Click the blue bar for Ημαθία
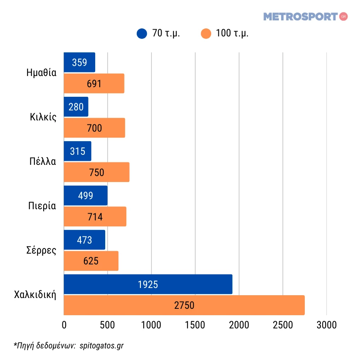(79, 62)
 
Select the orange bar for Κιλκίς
(94, 128)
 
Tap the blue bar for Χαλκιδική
(148, 284)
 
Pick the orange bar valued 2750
(184, 305)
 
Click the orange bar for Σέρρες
(91, 261)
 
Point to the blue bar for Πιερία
(86, 196)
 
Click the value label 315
(78, 151)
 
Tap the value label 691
(94, 84)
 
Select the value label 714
(95, 217)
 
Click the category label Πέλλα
(42, 162)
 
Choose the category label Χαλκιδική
(35, 295)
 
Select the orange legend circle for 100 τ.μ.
(206, 34)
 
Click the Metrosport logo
(305, 17)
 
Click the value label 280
(76, 107)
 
